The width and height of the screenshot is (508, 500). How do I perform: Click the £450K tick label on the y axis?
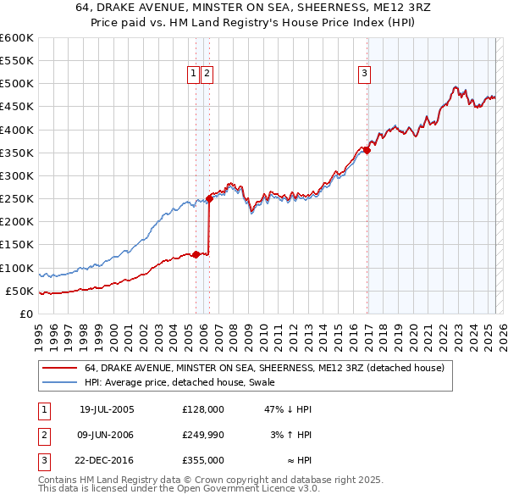pyautogui.click(x=16, y=107)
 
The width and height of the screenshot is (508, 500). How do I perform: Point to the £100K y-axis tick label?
pyautogui.click(x=16, y=268)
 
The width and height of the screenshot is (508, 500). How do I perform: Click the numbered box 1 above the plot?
pyautogui.click(x=194, y=74)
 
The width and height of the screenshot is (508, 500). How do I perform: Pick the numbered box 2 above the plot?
pyautogui.click(x=207, y=74)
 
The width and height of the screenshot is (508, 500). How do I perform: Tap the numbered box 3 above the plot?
pyautogui.click(x=364, y=74)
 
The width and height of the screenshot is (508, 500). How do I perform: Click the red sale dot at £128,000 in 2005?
pyautogui.click(x=196, y=254)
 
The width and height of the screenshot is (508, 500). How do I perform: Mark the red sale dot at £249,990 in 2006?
pyautogui.click(x=209, y=198)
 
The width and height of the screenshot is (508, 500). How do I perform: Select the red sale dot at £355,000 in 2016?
pyautogui.click(x=367, y=150)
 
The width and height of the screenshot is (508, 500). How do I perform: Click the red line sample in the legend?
pyautogui.click(x=60, y=368)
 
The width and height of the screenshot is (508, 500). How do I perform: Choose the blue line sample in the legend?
pyautogui.click(x=60, y=383)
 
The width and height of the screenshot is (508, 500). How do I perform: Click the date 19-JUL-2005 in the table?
pyautogui.click(x=107, y=409)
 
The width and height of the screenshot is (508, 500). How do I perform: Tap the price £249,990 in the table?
pyautogui.click(x=202, y=435)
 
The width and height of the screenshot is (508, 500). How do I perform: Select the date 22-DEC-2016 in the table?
pyautogui.click(x=107, y=460)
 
